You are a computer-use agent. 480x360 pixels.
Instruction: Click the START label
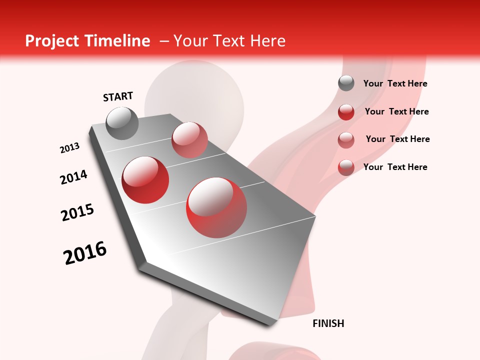coord(118,96)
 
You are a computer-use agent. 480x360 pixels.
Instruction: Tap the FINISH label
coord(328,323)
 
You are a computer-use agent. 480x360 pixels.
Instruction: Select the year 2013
coord(70,148)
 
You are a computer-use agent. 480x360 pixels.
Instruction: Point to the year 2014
coord(74,177)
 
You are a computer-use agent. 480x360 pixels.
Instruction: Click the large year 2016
coord(85,253)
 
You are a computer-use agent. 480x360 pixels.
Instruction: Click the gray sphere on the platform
coord(122,123)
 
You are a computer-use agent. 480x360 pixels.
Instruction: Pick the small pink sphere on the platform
coord(189,139)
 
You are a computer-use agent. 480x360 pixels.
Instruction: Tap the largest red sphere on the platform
coord(216,207)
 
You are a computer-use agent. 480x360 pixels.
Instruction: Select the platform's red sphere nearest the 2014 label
coord(145,180)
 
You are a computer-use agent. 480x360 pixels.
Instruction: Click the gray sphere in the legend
coord(346,83)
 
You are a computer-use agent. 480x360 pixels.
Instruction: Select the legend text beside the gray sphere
coord(395,83)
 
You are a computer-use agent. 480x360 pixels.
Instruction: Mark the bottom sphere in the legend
coord(346,167)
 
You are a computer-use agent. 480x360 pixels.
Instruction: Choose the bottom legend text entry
coord(395,167)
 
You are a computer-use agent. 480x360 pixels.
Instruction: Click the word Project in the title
coord(51,41)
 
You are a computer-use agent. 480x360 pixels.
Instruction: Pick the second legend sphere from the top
coord(346,112)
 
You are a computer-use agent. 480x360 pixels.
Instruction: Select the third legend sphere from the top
coord(346,140)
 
